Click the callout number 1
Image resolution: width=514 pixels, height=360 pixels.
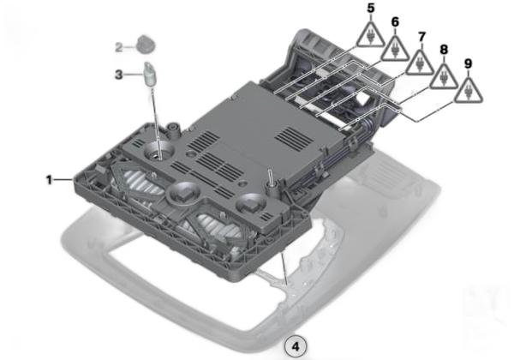[49, 180]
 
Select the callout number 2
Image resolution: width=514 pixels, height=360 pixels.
[119, 47]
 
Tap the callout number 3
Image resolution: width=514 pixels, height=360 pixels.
[119, 75]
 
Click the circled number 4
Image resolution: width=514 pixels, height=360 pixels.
[296, 346]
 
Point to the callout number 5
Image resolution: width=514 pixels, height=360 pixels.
[371, 9]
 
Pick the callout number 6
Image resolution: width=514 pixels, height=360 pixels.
[395, 22]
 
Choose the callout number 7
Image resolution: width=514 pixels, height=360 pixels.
[421, 37]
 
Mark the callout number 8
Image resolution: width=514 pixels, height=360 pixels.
[444, 50]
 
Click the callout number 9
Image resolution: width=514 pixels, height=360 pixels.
[469, 63]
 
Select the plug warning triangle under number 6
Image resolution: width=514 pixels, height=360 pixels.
[395, 49]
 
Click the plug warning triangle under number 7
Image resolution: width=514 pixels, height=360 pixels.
[421, 63]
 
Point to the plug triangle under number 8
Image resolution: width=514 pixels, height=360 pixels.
[444, 77]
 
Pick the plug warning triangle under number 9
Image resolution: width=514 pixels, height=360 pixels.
[469, 91]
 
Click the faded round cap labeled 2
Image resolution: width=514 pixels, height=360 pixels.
[146, 45]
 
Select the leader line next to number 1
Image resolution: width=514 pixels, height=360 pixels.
[64, 179]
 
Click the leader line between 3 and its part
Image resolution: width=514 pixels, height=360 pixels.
[134, 75]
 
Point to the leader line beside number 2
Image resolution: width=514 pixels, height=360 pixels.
[129, 47]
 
